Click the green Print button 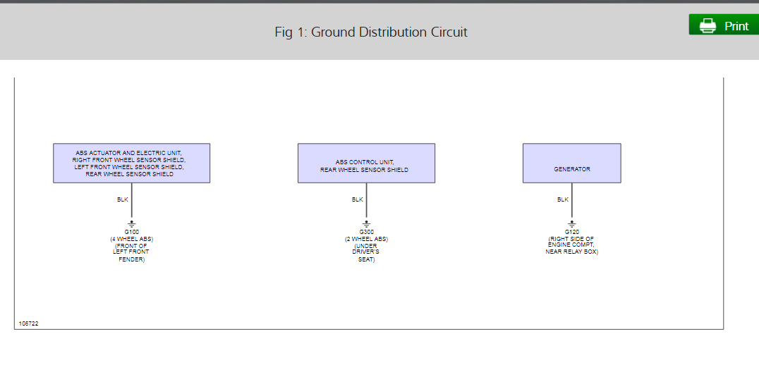click(x=723, y=25)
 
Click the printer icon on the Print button click(x=707, y=25)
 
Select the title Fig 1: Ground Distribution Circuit click(x=371, y=32)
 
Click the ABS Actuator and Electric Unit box click(x=131, y=164)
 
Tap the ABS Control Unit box click(x=366, y=164)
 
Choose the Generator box click(x=571, y=164)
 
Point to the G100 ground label click(x=131, y=232)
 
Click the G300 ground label click(x=366, y=232)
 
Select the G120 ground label click(x=571, y=232)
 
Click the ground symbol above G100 click(x=131, y=224)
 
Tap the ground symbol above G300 click(x=366, y=224)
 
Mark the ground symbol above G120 click(x=571, y=224)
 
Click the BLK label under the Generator click(x=562, y=199)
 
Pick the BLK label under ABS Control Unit click(x=357, y=199)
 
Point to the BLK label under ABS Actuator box click(x=123, y=199)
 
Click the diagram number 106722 click(x=28, y=323)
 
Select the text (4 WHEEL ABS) click(x=131, y=239)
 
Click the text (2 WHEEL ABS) click(x=366, y=239)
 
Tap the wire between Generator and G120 click(x=572, y=204)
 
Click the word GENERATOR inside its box click(x=571, y=169)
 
